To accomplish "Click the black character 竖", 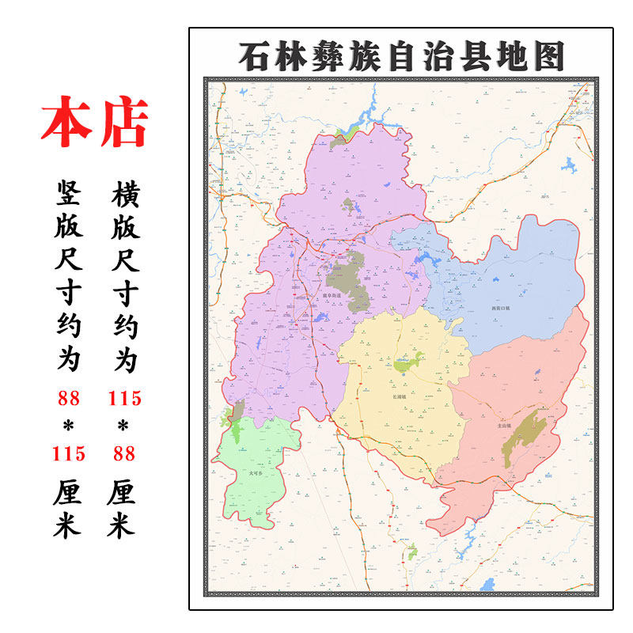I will tap(68, 192).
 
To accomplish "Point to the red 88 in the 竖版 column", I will tap(68, 397).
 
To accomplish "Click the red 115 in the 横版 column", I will tap(125, 397).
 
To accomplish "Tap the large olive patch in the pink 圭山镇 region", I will tap(524, 437).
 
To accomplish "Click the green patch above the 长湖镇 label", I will tap(408, 363).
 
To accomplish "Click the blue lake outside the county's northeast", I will tap(569, 165).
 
